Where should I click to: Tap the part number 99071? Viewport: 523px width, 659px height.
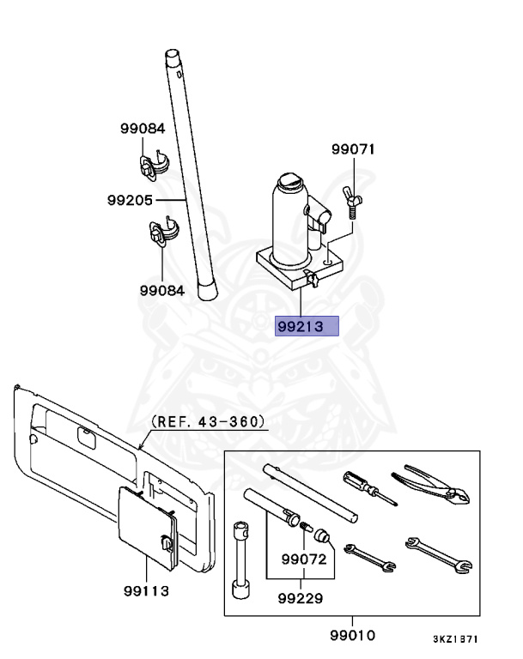click(354, 149)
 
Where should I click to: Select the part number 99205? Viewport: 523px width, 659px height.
click(131, 200)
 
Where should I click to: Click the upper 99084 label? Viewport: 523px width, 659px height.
click(142, 129)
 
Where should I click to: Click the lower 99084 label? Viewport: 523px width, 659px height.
click(162, 290)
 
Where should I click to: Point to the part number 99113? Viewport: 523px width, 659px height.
click(146, 591)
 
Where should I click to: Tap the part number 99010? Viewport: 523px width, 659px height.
click(353, 635)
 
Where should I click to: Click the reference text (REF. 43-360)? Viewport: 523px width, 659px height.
click(208, 422)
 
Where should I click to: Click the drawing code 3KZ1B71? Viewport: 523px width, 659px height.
click(455, 639)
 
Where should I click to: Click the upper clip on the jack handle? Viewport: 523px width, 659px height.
click(153, 165)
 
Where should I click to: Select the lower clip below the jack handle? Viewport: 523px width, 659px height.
click(161, 233)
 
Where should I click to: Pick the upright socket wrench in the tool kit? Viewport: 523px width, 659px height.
click(240, 558)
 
